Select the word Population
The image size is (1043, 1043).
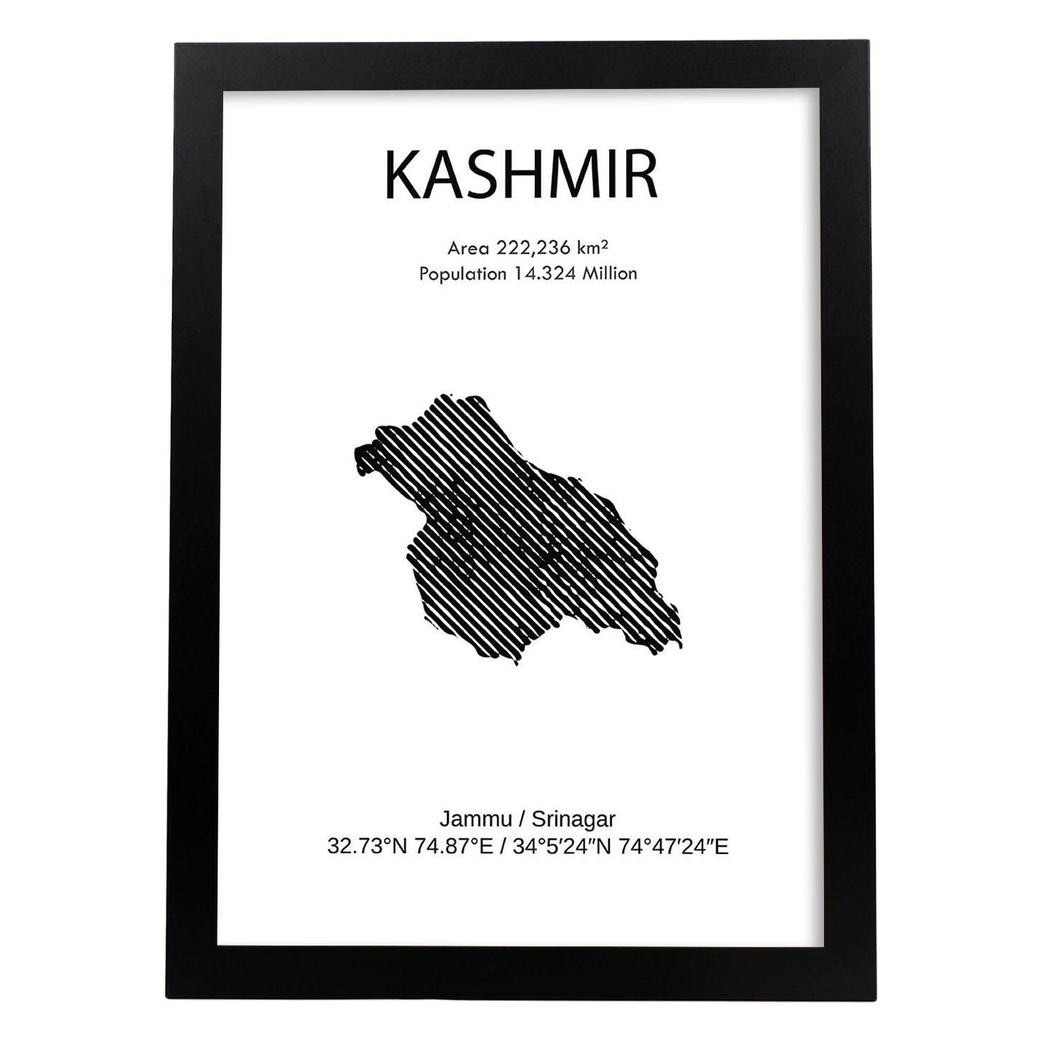462,274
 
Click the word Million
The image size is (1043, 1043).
610,274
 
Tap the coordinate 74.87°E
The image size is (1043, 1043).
455,846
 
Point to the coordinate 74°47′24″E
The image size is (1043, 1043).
674,846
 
